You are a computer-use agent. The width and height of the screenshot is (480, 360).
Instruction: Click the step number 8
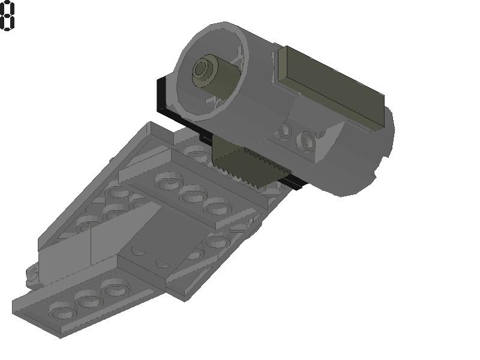point(7,16)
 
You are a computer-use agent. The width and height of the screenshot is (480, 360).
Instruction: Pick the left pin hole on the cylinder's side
point(286,130)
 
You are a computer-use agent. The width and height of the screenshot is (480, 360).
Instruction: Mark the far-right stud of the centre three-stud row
point(217,208)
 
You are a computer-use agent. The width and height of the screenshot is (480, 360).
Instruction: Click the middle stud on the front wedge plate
point(88,301)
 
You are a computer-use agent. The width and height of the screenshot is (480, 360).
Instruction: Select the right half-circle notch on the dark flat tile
point(163,262)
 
